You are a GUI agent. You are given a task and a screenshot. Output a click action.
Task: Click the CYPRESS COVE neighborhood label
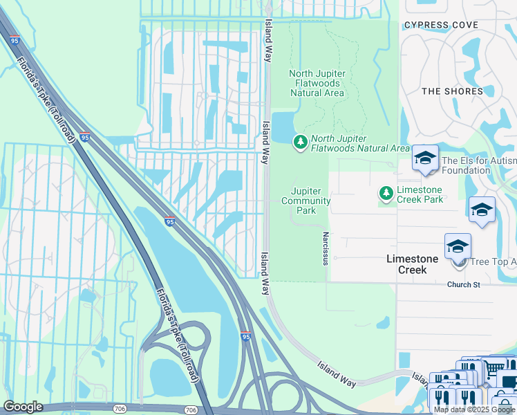(441, 25)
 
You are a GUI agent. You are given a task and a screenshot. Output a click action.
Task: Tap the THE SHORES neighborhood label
(452, 91)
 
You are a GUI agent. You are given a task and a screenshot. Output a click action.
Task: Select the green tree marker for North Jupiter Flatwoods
(300, 142)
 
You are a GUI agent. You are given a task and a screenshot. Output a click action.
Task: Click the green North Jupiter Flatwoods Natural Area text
(360, 142)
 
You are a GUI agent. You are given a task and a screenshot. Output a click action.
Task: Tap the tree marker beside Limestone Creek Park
(386, 194)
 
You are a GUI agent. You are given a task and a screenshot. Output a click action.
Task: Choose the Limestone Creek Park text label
(420, 194)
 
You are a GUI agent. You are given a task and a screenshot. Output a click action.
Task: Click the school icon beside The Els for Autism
(424, 158)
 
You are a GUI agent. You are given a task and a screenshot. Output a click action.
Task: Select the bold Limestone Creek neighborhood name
(412, 264)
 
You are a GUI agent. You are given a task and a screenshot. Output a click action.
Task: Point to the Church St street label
(463, 285)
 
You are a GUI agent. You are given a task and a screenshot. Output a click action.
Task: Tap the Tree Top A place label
(493, 262)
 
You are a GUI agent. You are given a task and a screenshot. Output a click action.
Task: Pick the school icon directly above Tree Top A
(457, 246)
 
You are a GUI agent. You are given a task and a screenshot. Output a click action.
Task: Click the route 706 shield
(191, 410)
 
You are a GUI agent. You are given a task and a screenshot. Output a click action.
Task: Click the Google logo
(23, 407)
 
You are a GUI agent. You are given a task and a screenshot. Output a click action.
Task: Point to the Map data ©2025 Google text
(474, 409)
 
